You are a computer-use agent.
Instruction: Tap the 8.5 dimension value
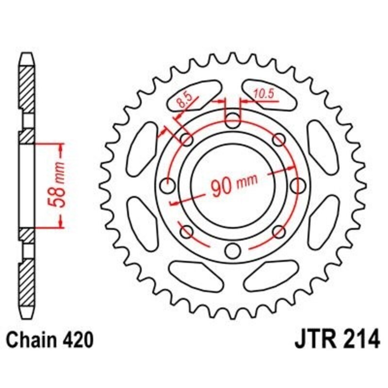tap(184, 101)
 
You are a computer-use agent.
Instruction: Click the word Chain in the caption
tap(30, 339)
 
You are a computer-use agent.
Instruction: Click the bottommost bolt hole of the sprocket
tap(233, 251)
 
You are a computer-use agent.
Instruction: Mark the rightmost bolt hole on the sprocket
tap(299, 185)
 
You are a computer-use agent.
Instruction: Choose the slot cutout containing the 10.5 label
tap(272, 92)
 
